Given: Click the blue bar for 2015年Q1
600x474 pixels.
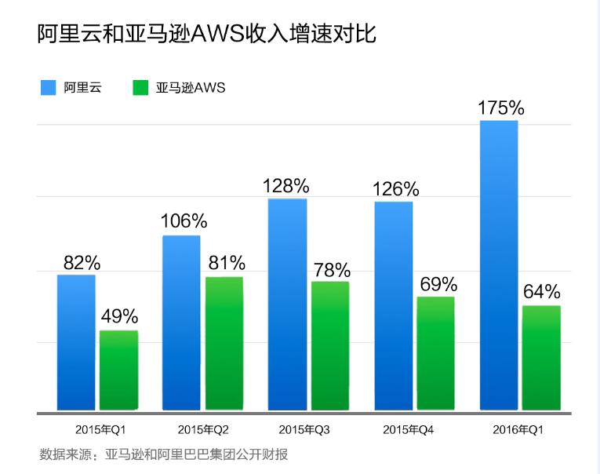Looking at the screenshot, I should tap(76, 342).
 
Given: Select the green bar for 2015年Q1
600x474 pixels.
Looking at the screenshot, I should tap(118, 370).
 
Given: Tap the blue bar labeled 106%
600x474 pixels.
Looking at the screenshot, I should tap(181, 323).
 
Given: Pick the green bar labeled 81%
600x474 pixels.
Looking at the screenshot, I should tap(224, 343).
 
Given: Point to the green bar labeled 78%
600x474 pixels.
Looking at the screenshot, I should tap(329, 345).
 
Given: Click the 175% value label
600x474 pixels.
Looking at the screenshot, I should tap(500, 108).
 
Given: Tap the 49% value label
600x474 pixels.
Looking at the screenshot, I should tap(119, 317).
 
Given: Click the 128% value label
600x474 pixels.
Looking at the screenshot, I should tap(287, 186).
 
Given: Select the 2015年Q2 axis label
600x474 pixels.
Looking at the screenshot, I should tap(203, 430).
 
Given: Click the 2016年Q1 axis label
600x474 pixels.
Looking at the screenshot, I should tap(518, 430).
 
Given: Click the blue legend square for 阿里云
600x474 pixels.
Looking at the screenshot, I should tap(48, 88).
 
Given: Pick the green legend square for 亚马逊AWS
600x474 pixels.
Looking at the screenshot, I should tap(140, 88).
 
